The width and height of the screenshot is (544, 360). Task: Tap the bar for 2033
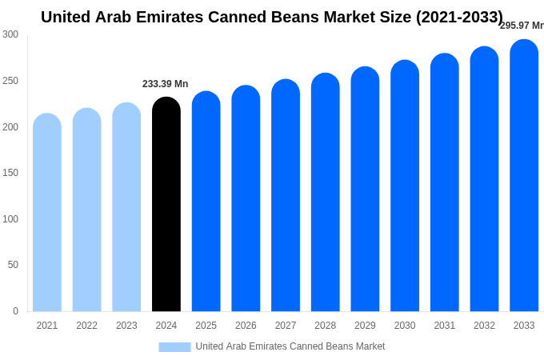[x=524, y=176]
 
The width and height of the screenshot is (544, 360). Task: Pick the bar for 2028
[x=326, y=193]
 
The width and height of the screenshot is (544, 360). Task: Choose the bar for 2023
[x=126, y=207]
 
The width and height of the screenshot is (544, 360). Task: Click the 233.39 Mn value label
[x=166, y=84]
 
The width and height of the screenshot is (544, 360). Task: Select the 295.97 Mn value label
[x=521, y=26]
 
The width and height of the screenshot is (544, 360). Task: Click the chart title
[x=272, y=17]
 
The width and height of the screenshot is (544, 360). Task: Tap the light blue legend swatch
[x=174, y=347]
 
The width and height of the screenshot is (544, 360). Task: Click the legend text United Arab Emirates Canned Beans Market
[x=290, y=346]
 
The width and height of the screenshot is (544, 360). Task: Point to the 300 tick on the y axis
[x=10, y=34]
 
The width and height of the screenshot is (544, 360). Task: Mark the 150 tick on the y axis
[x=10, y=173]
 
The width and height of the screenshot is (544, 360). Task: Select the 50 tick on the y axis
[x=13, y=265]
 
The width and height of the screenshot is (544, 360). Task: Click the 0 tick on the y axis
[x=15, y=311]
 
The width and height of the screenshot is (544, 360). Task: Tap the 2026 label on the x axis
[x=246, y=326]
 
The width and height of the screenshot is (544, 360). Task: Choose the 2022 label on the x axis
[x=86, y=326]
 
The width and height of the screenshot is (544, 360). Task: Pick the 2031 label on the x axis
[x=445, y=326]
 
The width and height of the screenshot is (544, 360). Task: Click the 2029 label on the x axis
[x=365, y=326]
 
